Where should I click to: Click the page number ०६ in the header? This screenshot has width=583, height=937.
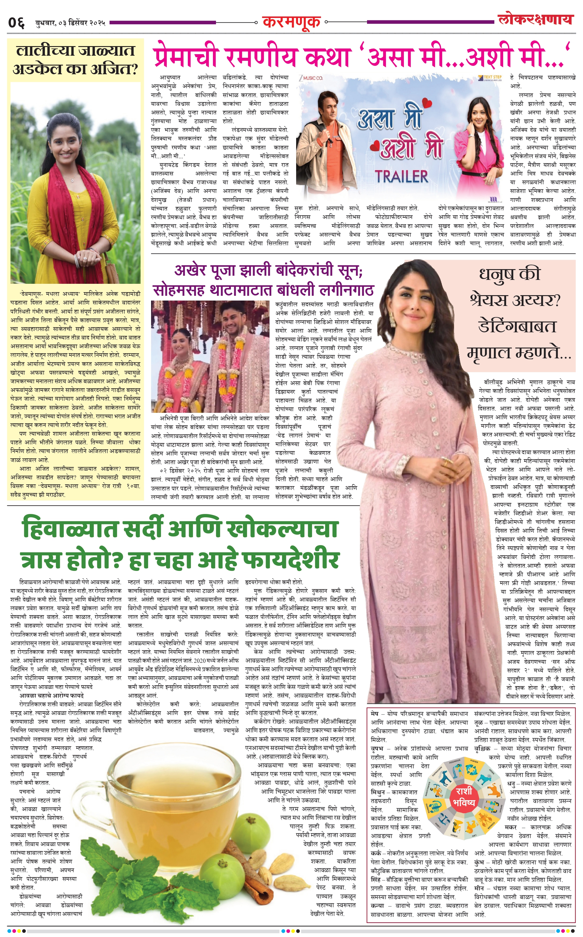point(16,22)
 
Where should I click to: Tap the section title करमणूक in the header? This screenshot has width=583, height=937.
point(291,22)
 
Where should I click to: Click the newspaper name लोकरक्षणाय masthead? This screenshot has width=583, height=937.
point(535,19)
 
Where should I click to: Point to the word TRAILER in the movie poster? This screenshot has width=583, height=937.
point(402,177)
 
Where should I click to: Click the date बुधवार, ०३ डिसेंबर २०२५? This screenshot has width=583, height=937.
point(70,23)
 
